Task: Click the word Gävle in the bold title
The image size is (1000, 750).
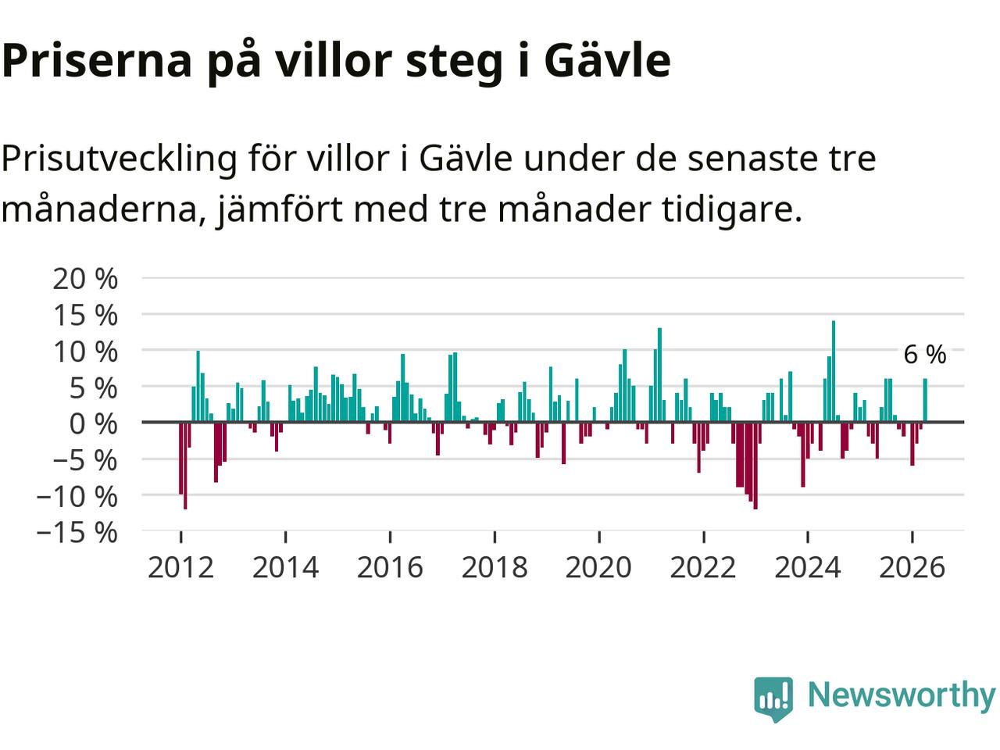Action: pyautogui.click(x=607, y=60)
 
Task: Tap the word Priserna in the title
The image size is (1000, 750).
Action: pyautogui.click(x=97, y=60)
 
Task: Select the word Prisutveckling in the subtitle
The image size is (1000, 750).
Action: pyautogui.click(x=119, y=160)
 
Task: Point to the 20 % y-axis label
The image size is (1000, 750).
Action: pyautogui.click(x=85, y=279)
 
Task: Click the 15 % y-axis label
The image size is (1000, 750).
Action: pyautogui.click(x=85, y=315)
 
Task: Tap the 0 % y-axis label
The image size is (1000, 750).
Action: pyautogui.click(x=94, y=424)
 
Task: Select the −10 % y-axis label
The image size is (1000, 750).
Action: pyautogui.click(x=77, y=496)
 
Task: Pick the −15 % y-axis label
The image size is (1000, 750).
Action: pyautogui.click(x=77, y=532)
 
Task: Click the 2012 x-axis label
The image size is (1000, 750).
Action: pyautogui.click(x=181, y=567)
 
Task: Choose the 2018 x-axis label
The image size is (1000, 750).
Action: pyautogui.click(x=495, y=567)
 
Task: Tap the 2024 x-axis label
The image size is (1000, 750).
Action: pyautogui.click(x=808, y=567)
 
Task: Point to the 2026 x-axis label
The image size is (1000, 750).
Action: pyautogui.click(x=912, y=567)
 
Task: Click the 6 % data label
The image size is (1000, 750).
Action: pyautogui.click(x=925, y=354)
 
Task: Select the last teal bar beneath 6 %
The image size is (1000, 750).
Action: pyautogui.click(x=925, y=400)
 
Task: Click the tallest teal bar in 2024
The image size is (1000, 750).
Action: pyautogui.click(x=834, y=371)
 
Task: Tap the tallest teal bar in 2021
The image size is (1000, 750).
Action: pyautogui.click(x=659, y=375)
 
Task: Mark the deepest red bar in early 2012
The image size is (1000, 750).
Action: pyautogui.click(x=185, y=466)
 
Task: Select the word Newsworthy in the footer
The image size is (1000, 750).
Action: pyautogui.click(x=902, y=695)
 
